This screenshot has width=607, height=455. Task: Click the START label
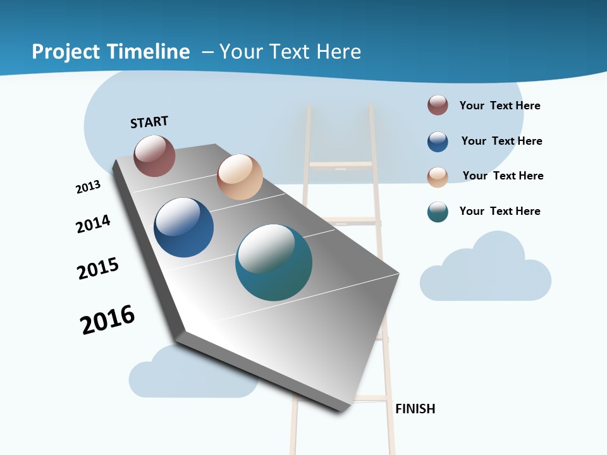click(x=149, y=122)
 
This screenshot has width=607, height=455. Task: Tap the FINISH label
click(x=415, y=409)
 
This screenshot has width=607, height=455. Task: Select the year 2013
click(x=88, y=187)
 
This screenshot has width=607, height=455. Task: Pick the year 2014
click(x=93, y=224)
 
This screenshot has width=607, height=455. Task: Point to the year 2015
click(x=98, y=269)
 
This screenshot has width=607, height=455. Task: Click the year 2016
click(x=107, y=320)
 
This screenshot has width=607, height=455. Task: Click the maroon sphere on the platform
click(x=154, y=155)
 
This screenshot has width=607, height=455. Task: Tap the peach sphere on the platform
click(x=240, y=177)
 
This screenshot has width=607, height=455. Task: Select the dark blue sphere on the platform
click(x=183, y=227)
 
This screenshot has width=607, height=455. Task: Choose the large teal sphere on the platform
click(x=274, y=262)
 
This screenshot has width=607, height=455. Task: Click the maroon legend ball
click(x=438, y=105)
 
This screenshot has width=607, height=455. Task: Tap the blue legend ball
click(x=438, y=142)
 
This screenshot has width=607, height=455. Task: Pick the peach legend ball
click(x=438, y=176)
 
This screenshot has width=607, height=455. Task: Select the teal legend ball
click(x=438, y=212)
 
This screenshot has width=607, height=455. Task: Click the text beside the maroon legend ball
click(x=500, y=106)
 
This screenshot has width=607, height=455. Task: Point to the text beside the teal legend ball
click(x=500, y=211)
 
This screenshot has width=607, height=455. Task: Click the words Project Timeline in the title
click(x=111, y=51)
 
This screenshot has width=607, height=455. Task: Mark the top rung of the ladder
click(x=340, y=166)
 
